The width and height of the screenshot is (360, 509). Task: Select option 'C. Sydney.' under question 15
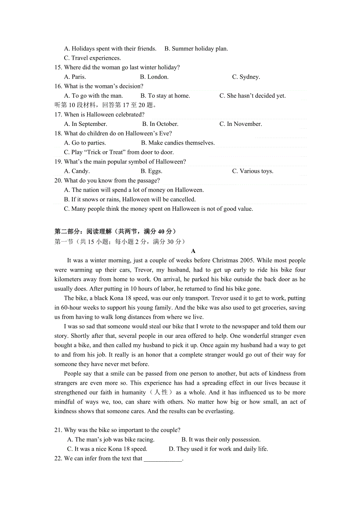(x=246, y=77)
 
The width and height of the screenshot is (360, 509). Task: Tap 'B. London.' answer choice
(x=154, y=77)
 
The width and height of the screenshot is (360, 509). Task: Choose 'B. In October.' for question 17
(x=160, y=124)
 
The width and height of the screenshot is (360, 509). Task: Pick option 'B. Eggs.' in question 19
(x=151, y=171)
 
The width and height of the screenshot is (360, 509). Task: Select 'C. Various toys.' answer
(x=252, y=171)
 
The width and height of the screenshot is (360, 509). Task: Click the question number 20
(x=58, y=181)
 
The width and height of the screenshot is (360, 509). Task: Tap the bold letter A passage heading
(x=193, y=251)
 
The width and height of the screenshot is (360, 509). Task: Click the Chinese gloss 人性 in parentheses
(x=161, y=393)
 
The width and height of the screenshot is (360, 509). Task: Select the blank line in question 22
(x=163, y=459)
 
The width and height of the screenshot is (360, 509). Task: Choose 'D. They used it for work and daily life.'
(x=218, y=449)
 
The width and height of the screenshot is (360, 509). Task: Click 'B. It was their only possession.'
(x=221, y=440)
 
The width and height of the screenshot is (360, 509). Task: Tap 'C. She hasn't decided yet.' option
(x=252, y=96)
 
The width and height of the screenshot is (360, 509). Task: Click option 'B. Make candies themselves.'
(x=178, y=143)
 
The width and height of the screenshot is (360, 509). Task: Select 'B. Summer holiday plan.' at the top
(x=196, y=49)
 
